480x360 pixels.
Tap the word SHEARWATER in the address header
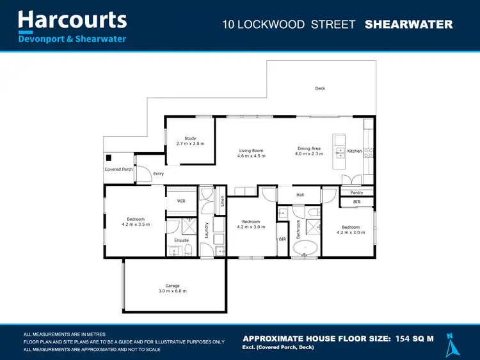coord(408,25)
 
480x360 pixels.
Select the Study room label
coord(190,138)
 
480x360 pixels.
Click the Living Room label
coord(251,150)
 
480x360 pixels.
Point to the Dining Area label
coord(309,148)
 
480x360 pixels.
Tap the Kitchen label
coord(354,151)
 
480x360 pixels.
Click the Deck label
coord(320,88)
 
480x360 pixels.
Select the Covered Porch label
coord(119,169)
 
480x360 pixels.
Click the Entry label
coord(159,174)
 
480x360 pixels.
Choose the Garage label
coord(172,286)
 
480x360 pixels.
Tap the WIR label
coord(181,201)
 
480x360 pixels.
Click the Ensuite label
coord(181,240)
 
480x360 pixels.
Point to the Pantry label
coord(356,192)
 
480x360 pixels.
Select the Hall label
coord(300,195)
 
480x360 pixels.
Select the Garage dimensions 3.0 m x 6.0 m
coord(172,292)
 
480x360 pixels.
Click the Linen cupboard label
coord(222,200)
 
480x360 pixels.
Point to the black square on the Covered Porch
coord(109,158)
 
